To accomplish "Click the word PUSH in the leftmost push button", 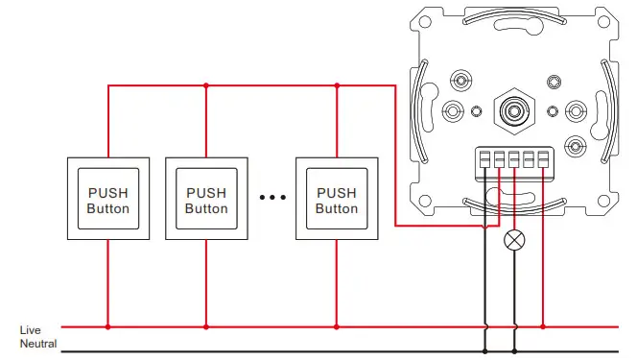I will tap(107, 192).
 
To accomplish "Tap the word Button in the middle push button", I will tap(206, 208).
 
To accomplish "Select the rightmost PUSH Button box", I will tap(337, 200).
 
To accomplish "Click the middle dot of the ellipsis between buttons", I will tap(273, 199).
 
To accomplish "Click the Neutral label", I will tap(38, 344).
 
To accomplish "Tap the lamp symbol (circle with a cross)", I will tap(515, 240).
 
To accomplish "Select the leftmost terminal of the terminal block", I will tap(485, 158).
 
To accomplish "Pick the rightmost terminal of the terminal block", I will tap(544, 158).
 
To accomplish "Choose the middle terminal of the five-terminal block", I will tap(515, 158).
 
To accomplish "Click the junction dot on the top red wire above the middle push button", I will tap(206, 85).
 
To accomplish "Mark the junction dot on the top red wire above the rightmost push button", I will tap(337, 85).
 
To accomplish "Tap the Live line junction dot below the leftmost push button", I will tap(107, 327).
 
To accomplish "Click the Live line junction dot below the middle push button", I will tap(206, 327).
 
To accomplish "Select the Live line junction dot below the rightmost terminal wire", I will tap(544, 327).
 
